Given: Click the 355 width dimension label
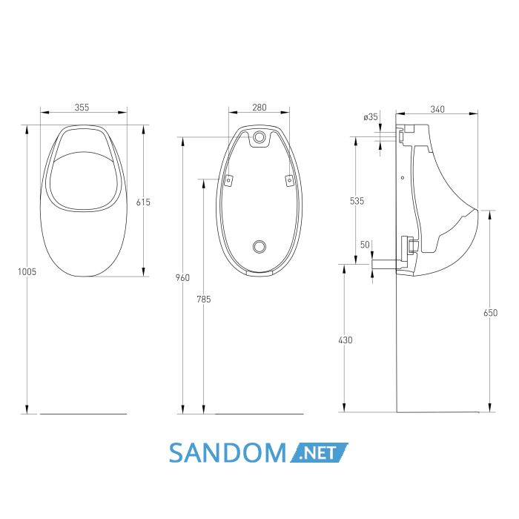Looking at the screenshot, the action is [82, 108].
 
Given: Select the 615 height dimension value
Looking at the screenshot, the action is [143, 202].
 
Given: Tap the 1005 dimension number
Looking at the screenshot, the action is [27, 272].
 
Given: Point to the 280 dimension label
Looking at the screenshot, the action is [259, 108].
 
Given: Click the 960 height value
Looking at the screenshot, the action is [182, 277].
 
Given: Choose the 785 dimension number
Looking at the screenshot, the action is [204, 300].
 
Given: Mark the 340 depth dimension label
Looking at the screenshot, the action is [437, 109].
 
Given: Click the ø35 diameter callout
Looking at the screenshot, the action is [371, 117].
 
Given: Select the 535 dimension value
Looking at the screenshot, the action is [357, 201].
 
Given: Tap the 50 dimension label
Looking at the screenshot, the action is [365, 245].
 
